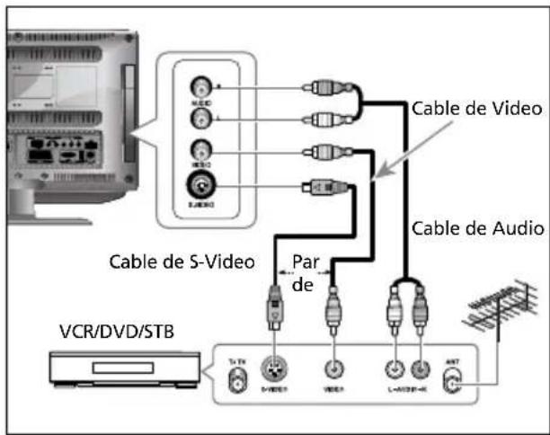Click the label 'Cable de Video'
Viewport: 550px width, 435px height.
pos(477,109)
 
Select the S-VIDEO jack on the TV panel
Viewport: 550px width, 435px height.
pos(202,187)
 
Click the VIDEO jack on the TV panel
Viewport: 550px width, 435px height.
pos(202,150)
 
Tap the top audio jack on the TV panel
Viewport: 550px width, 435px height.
pos(202,88)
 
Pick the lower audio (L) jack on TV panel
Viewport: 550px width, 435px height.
pos(202,116)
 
